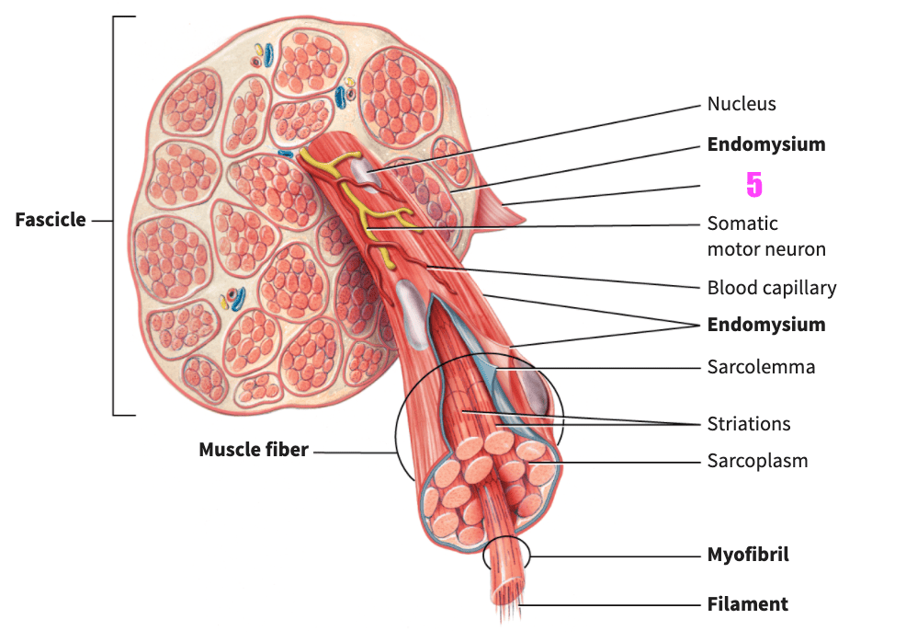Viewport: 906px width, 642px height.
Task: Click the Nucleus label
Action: point(741,104)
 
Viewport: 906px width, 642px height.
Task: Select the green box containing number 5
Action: point(762,186)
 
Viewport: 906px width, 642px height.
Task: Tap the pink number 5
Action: point(753,185)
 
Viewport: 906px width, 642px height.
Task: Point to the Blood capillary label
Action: point(771,288)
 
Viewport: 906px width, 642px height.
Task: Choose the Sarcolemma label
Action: point(760,367)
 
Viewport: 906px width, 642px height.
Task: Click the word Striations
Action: point(748,424)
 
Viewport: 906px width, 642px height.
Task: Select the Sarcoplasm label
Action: point(757,461)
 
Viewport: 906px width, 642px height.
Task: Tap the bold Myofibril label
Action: point(747,555)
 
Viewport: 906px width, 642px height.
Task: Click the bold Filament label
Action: point(747,604)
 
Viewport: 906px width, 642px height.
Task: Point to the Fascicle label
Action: point(51,220)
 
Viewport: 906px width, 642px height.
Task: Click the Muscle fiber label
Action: point(254,450)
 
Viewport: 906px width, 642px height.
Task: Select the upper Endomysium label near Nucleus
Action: point(765,144)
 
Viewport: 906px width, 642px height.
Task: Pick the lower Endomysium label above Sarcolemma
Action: point(765,325)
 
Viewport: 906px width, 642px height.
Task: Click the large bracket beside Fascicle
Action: point(116,216)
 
